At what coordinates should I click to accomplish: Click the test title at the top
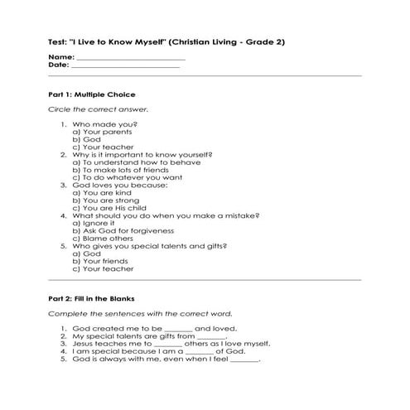point(166,41)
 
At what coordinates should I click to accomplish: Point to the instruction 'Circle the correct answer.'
point(99,109)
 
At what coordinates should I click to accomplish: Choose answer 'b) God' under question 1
point(87,139)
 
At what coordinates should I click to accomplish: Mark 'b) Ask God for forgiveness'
point(123,230)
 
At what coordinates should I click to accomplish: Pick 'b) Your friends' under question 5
point(104,261)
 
